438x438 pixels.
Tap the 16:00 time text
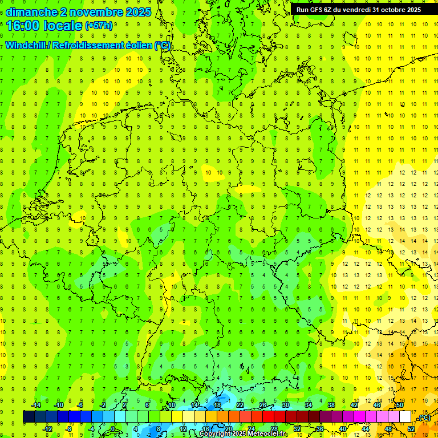23,26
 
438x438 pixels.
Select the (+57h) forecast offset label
98,26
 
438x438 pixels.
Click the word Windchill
26,46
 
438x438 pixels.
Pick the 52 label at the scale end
411,429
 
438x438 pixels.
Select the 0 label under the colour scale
112,429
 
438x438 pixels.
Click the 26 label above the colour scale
263,405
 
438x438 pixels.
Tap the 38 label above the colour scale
331,405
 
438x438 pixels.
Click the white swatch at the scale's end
405,417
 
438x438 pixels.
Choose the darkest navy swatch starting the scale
29,417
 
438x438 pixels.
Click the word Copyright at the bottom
214,434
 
